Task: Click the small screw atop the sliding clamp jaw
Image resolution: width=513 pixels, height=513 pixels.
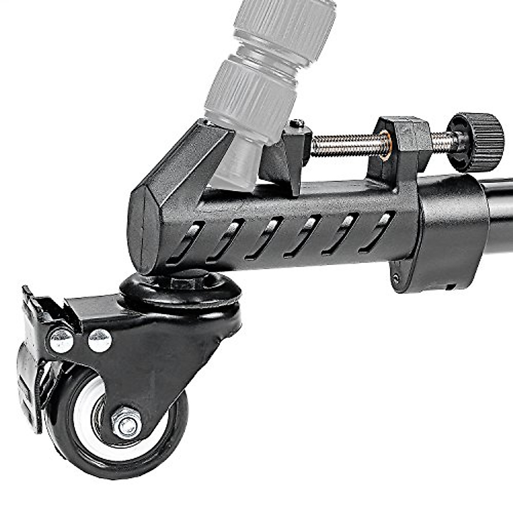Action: [x=297, y=124]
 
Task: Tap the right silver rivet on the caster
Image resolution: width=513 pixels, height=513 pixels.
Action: [x=100, y=340]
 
